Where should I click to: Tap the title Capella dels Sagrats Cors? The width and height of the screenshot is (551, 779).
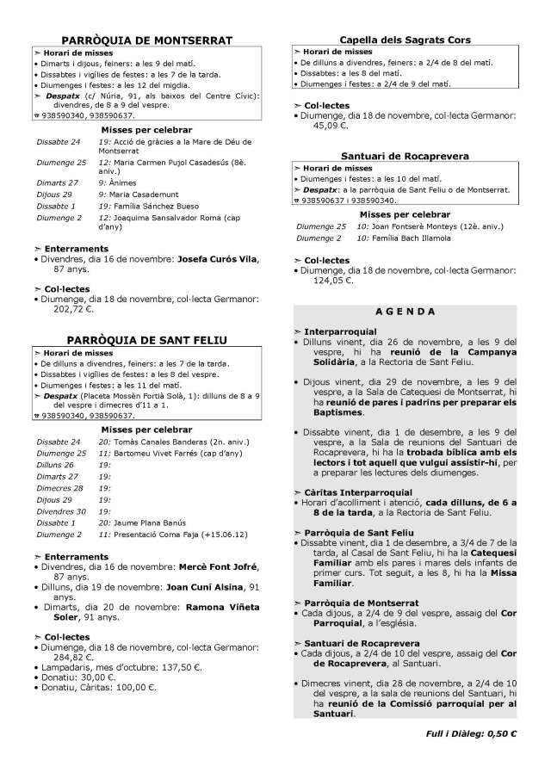pos(405,40)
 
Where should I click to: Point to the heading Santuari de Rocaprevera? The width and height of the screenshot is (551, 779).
pos(405,157)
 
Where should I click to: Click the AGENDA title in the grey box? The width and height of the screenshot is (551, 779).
pos(406,311)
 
